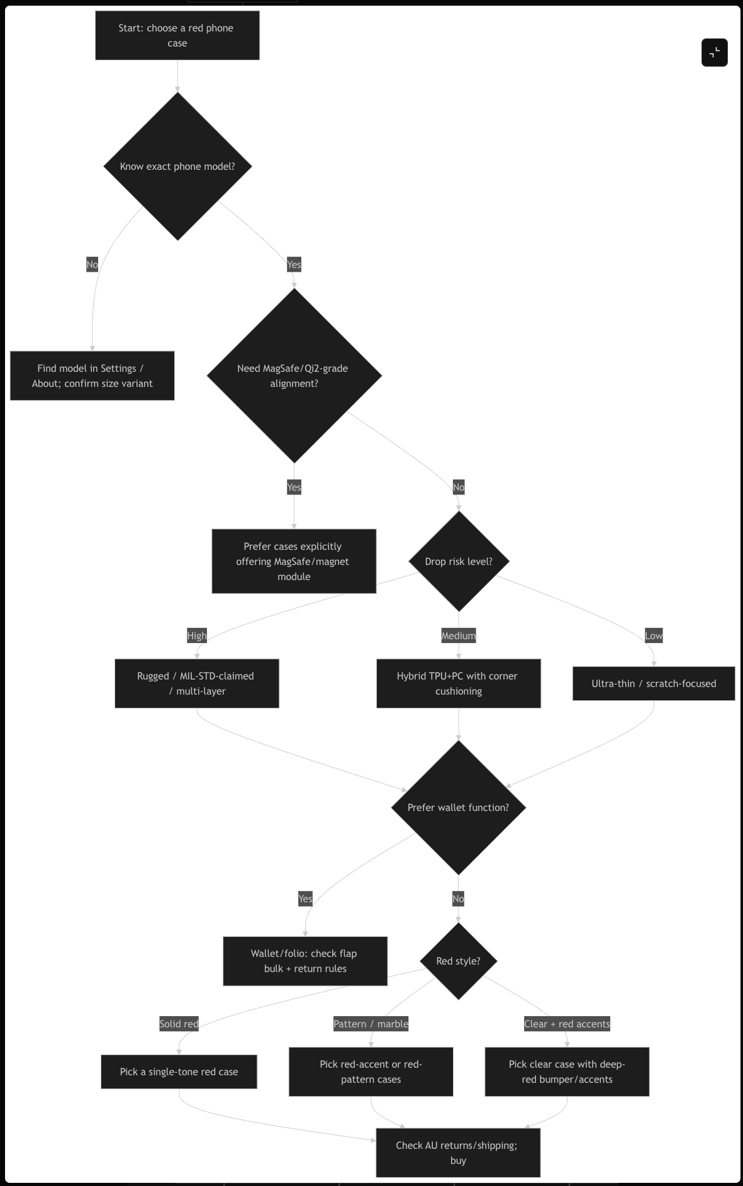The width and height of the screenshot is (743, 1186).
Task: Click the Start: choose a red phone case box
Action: (177, 35)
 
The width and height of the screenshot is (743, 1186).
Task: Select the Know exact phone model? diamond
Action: (177, 166)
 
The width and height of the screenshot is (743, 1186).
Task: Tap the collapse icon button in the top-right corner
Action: (714, 52)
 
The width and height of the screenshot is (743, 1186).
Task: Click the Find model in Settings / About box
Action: (92, 376)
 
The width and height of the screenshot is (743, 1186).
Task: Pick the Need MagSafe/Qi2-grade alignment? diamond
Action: (294, 376)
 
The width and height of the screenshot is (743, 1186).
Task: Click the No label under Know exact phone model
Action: (92, 264)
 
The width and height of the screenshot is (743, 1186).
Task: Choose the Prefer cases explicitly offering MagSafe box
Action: (294, 561)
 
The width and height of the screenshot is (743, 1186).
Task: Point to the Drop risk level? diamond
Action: (459, 561)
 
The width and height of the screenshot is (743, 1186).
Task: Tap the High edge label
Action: (197, 635)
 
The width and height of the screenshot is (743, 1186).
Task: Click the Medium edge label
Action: (459, 635)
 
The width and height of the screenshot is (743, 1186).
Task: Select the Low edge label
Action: (654, 635)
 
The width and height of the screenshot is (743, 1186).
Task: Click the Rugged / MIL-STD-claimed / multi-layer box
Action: (196, 683)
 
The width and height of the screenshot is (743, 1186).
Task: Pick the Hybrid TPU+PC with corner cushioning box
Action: (459, 683)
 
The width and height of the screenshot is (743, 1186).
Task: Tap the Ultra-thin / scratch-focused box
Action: (654, 683)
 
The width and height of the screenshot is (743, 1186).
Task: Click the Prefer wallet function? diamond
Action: (459, 807)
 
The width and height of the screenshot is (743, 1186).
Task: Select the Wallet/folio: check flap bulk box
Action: (305, 961)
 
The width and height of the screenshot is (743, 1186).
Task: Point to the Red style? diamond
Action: (459, 961)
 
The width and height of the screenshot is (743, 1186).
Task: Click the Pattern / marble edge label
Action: (371, 1024)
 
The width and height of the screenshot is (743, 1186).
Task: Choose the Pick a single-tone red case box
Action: (179, 1071)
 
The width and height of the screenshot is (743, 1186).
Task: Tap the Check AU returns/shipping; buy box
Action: (458, 1153)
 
